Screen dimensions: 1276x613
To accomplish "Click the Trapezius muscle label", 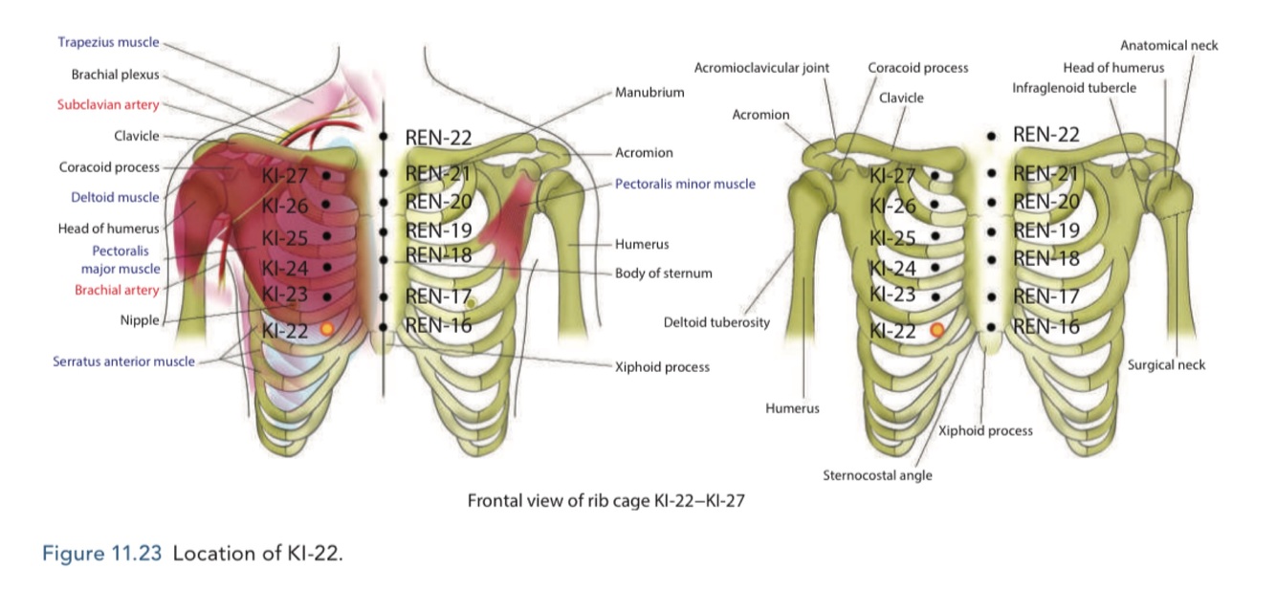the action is tap(108, 42).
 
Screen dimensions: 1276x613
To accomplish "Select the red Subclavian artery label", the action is tap(108, 104).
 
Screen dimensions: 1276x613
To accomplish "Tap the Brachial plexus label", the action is tap(115, 74).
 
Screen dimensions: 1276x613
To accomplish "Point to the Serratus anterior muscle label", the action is tap(123, 361).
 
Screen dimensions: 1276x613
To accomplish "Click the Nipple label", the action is tap(140, 320).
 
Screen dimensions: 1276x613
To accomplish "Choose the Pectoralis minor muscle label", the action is tap(685, 184).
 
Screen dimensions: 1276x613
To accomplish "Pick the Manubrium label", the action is tap(649, 93).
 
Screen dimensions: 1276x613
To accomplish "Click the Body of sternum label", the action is tap(663, 273).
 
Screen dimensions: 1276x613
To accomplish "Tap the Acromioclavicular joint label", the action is tap(761, 68).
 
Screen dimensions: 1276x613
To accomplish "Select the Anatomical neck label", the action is tap(1169, 45).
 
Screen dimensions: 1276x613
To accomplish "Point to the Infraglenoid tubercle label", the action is tap(1074, 88).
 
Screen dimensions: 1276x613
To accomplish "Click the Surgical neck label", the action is tap(1166, 364).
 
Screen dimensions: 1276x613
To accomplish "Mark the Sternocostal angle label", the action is tap(877, 475).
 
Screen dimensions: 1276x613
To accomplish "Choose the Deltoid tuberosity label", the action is tap(716, 322).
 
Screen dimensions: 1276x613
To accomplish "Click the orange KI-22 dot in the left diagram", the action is tap(327, 328).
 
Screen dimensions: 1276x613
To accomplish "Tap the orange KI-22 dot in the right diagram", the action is tap(937, 329).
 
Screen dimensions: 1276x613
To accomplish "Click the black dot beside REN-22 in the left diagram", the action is tap(383, 138).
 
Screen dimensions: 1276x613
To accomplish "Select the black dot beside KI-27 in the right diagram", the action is tap(934, 175).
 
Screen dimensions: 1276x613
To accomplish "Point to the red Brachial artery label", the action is tap(118, 290).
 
